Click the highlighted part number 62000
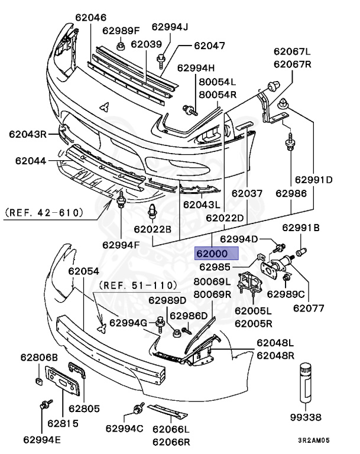216,254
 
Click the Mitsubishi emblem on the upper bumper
104,107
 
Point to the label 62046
90,18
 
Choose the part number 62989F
121,30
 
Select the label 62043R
27,134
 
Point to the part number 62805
85,408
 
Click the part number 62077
310,307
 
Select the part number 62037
247,193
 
